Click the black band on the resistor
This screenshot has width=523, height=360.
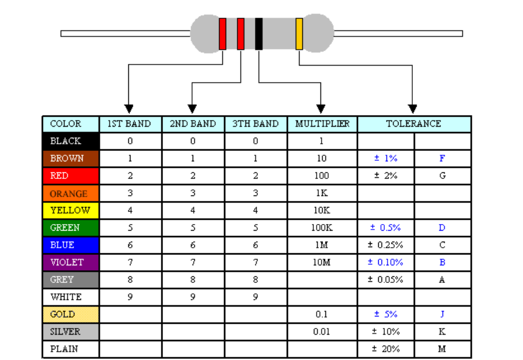[x=259, y=34]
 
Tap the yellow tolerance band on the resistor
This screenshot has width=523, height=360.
[x=299, y=34]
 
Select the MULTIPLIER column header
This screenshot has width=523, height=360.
[x=322, y=124]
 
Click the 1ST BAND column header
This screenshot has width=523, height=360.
[x=129, y=124]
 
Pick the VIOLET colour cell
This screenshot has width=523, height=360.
[x=70, y=262]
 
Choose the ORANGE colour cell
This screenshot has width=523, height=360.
[x=70, y=193]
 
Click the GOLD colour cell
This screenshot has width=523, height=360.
[x=70, y=314]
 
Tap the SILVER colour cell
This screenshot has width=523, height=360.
[x=70, y=331]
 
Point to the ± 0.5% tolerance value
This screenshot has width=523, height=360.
[x=385, y=227]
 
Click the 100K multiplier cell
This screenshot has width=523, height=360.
[x=322, y=227]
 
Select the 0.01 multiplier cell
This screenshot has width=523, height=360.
[x=322, y=331]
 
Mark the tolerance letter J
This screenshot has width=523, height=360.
[x=442, y=314]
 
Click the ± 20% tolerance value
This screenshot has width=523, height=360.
[x=385, y=349]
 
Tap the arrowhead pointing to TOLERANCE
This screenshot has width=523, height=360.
[x=412, y=109]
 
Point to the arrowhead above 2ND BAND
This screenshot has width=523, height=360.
[x=192, y=109]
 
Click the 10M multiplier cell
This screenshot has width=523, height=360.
[x=322, y=262]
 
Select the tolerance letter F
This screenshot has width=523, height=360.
[x=442, y=158]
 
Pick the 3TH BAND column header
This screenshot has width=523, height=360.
[x=255, y=124]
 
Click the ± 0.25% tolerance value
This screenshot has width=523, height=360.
[x=385, y=245]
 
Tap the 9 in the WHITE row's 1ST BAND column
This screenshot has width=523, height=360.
[x=130, y=297]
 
